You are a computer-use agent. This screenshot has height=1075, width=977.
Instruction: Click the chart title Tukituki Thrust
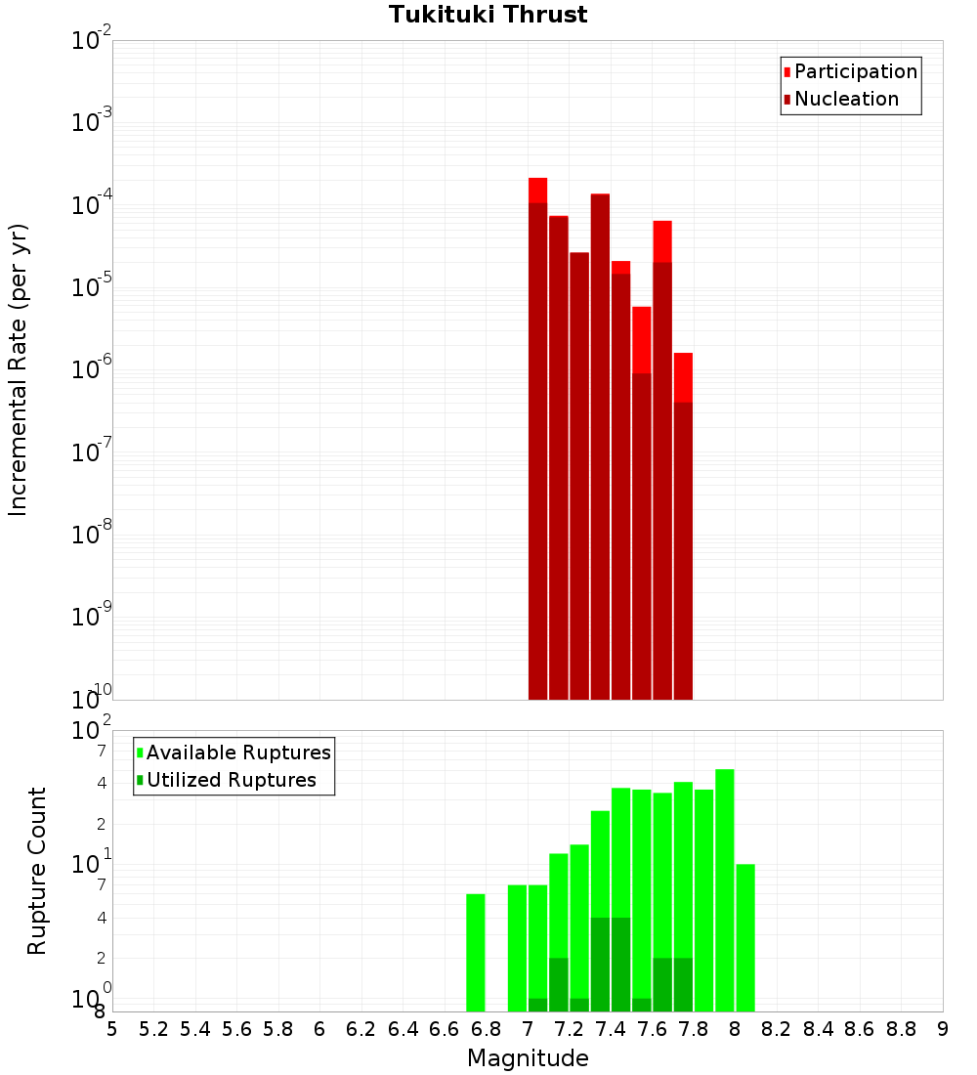[488, 16]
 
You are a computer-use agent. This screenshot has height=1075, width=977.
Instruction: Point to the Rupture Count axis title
[37, 871]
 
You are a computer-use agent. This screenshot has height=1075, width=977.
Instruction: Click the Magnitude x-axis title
[528, 1058]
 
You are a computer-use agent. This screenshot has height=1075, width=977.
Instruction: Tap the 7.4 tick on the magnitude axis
[611, 1029]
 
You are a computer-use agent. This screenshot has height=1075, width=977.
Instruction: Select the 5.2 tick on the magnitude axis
[153, 1029]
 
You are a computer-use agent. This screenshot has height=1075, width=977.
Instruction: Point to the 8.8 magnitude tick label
[901, 1029]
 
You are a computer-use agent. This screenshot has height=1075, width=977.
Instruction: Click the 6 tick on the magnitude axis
[319, 1029]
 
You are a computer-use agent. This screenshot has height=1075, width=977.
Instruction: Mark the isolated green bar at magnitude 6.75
[476, 953]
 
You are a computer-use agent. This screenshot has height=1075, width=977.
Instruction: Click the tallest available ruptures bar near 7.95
[725, 889]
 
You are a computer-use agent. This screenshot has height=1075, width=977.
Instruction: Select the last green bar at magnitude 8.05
[745, 938]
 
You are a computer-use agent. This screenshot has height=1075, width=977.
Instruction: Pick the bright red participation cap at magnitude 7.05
[537, 190]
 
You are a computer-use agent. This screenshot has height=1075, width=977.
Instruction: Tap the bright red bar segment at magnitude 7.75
[683, 376]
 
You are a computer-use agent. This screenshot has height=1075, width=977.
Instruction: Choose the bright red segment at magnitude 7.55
[642, 339]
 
